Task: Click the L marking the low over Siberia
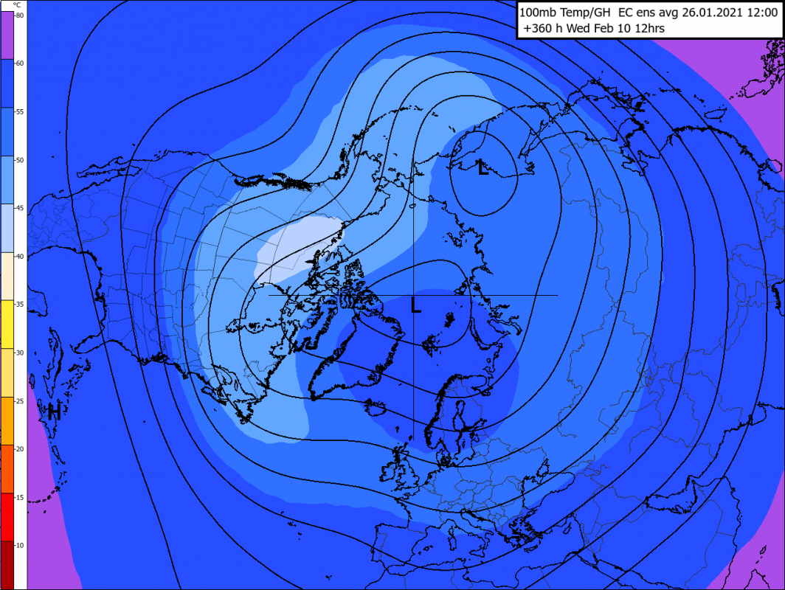tap(483, 169)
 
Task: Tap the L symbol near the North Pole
tap(416, 305)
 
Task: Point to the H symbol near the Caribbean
tap(53, 412)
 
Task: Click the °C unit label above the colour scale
tap(18, 5)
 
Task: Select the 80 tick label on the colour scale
tap(19, 15)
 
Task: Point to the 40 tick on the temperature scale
tap(19, 256)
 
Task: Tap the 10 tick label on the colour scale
tap(19, 545)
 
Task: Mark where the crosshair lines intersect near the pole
tap(413, 295)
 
